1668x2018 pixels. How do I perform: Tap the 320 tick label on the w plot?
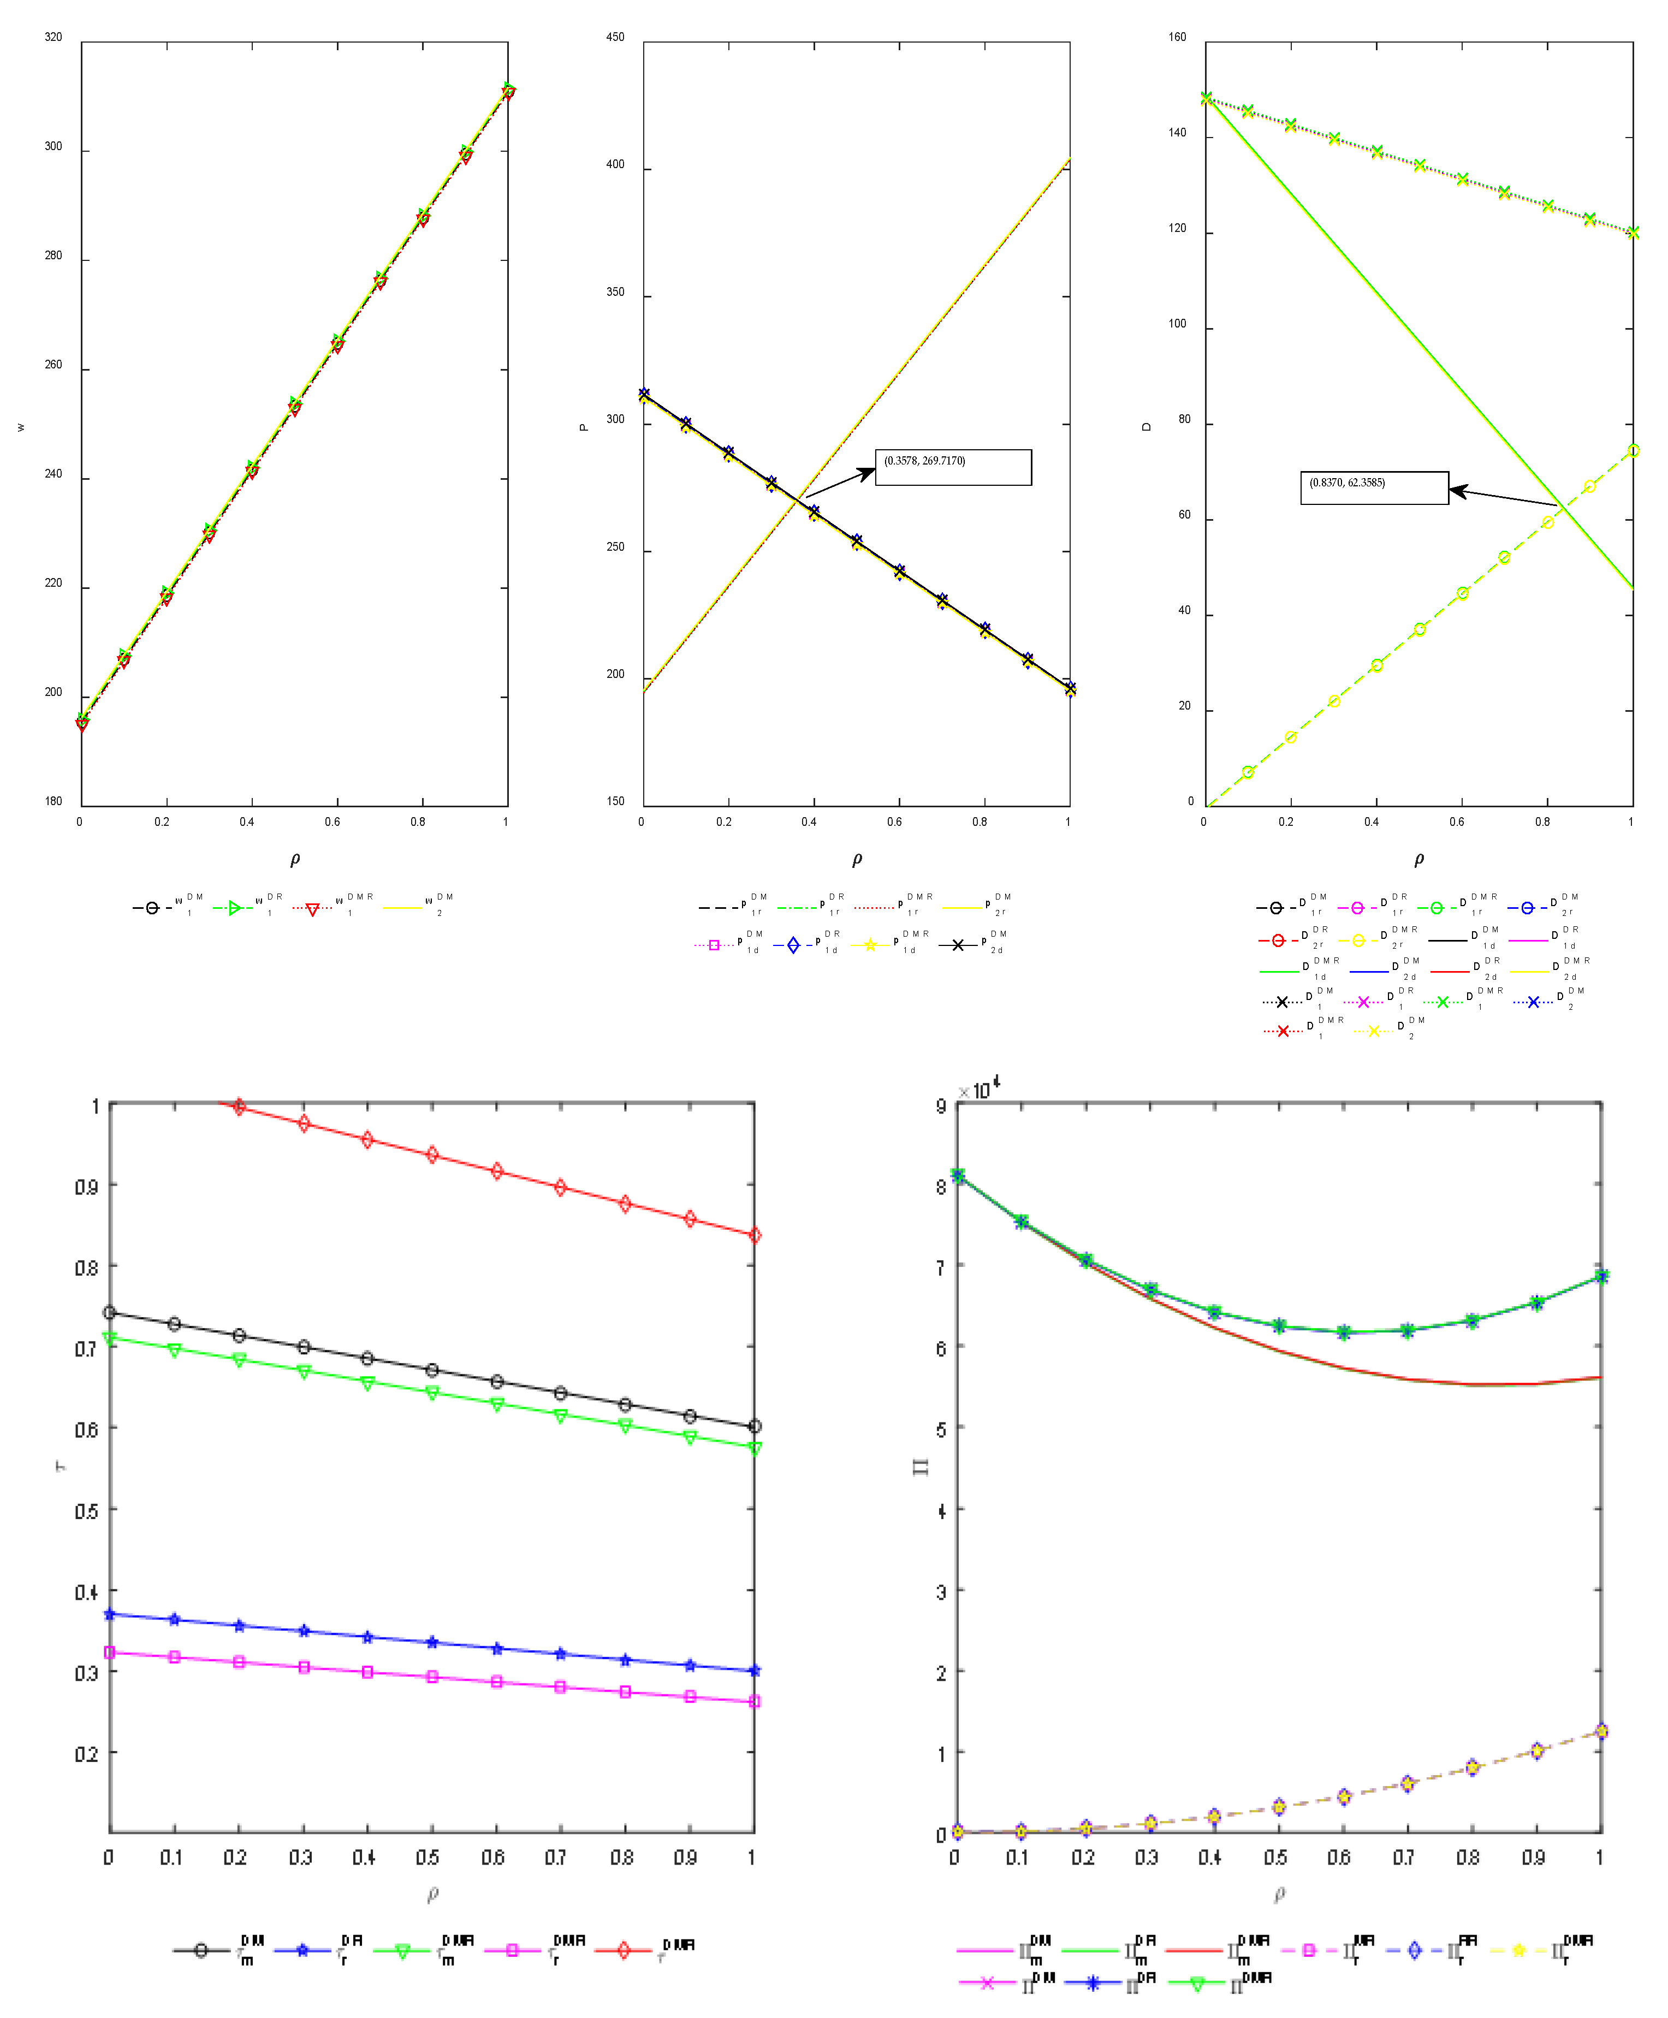[x=53, y=37]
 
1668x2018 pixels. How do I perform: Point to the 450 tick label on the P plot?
[x=615, y=37]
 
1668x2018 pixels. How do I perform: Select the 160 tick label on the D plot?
[x=1177, y=37]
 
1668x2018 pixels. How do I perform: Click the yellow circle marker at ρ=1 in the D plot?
[x=1633, y=450]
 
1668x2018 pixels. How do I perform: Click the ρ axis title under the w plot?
[x=295, y=859]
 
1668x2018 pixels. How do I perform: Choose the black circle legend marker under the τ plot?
[x=200, y=1950]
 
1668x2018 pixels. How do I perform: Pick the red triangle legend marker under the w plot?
[x=311, y=909]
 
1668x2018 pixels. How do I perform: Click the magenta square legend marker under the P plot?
[x=714, y=945]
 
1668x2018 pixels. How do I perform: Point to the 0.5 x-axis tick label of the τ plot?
[x=429, y=1856]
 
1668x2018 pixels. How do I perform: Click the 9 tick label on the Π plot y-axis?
[x=941, y=1105]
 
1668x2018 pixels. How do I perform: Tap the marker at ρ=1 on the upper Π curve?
[x=1601, y=1276]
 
